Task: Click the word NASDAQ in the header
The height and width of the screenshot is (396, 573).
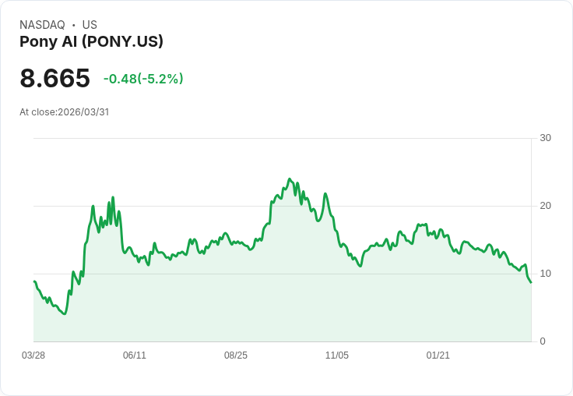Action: pyautogui.click(x=42, y=25)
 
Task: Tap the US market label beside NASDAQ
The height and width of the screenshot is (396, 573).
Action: pyautogui.click(x=90, y=25)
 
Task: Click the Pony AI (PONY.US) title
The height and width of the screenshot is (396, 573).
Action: pyautogui.click(x=91, y=42)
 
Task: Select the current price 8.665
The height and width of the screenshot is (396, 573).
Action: pyautogui.click(x=54, y=78)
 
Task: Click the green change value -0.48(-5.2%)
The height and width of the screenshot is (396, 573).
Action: pyautogui.click(x=143, y=79)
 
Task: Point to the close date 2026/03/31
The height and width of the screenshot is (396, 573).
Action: pyautogui.click(x=83, y=112)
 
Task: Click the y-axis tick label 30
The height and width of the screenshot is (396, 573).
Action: pyautogui.click(x=545, y=138)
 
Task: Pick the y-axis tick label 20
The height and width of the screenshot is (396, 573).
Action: pyautogui.click(x=545, y=206)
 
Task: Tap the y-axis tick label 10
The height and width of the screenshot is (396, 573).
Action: pyautogui.click(x=545, y=274)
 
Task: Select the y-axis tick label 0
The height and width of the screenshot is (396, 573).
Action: pyautogui.click(x=543, y=341)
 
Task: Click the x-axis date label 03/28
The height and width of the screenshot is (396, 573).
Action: pyautogui.click(x=33, y=355)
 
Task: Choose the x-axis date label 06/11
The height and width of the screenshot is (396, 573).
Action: pyautogui.click(x=135, y=355)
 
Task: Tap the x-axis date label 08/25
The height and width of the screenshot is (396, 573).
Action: pyautogui.click(x=236, y=355)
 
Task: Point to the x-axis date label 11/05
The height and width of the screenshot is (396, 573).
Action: pyautogui.click(x=337, y=355)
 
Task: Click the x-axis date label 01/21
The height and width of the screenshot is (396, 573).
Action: pyautogui.click(x=438, y=355)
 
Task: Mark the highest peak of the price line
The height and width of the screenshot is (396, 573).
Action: pyautogui.click(x=289, y=179)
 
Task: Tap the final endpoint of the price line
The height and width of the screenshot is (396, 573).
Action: pyautogui.click(x=531, y=282)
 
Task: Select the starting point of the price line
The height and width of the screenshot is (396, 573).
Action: pyautogui.click(x=33, y=281)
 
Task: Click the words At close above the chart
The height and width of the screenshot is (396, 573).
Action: pyautogui.click(x=37, y=112)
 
